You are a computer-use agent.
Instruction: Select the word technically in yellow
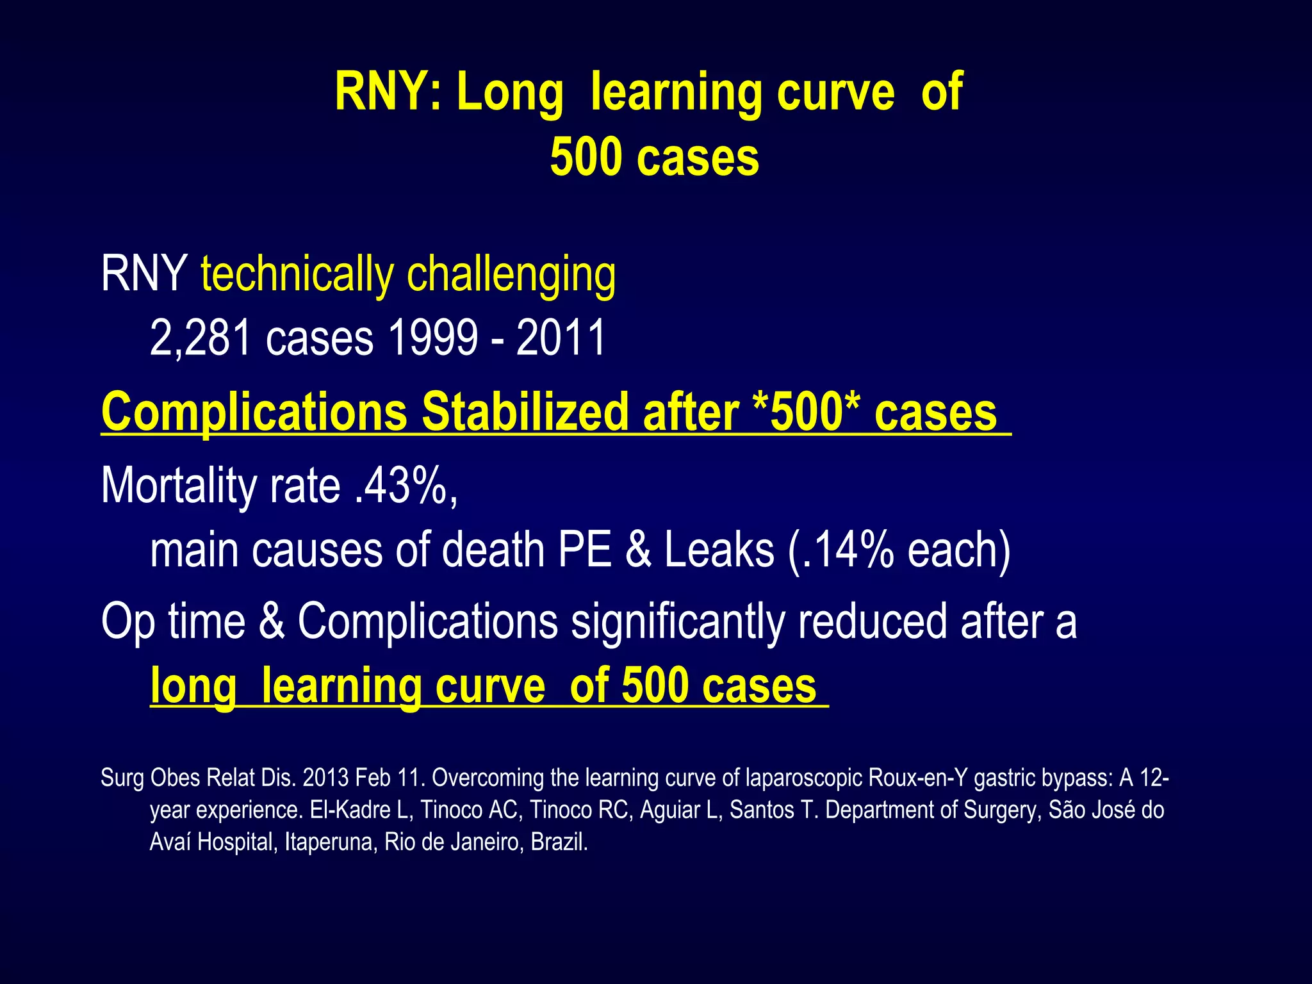[x=297, y=274]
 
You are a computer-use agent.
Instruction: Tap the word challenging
[x=511, y=274]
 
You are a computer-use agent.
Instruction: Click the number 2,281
[x=201, y=338]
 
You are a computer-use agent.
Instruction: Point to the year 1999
[x=433, y=338]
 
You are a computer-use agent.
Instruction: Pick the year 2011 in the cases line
[x=561, y=338]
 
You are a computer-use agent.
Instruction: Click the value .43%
[x=405, y=486]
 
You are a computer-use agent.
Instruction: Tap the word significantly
[x=678, y=621]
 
